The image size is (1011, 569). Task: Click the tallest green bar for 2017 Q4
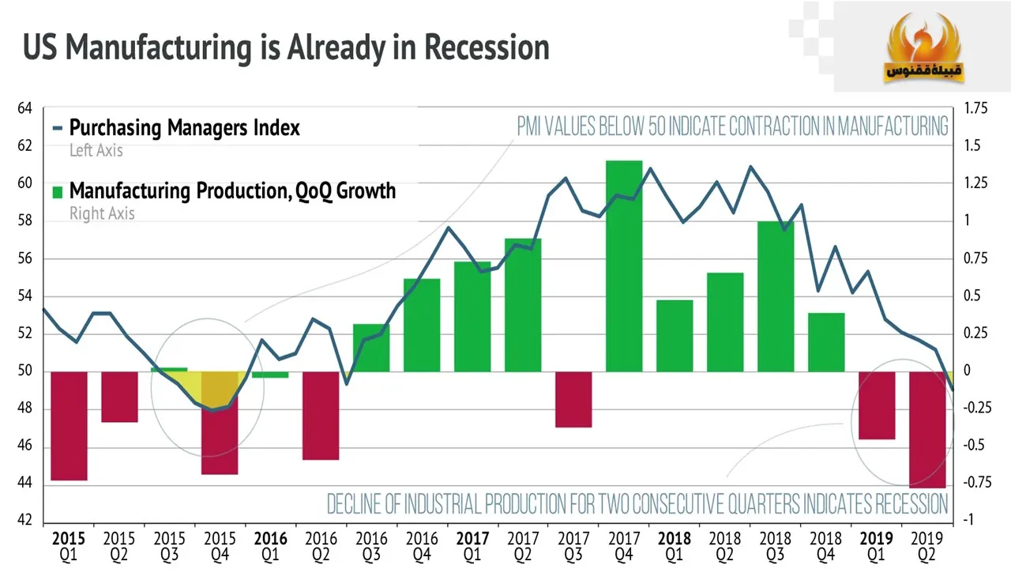(624, 266)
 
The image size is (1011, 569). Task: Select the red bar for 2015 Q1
(69, 425)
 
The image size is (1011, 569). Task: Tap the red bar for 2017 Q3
(573, 399)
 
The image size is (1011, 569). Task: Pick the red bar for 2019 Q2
(927, 429)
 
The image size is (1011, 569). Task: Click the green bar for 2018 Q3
(776, 296)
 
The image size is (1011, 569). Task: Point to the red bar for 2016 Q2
(321, 415)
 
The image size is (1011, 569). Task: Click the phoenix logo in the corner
(922, 49)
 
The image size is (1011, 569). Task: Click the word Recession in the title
(486, 47)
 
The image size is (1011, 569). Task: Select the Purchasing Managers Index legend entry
(184, 127)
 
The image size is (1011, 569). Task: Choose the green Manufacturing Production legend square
(58, 191)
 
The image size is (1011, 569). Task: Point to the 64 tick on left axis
(25, 108)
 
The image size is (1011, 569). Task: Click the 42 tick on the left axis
(25, 521)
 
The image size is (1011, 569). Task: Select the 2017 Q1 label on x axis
(472, 545)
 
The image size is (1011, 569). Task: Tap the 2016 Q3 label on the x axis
(371, 545)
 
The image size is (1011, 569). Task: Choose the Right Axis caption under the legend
(102, 213)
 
